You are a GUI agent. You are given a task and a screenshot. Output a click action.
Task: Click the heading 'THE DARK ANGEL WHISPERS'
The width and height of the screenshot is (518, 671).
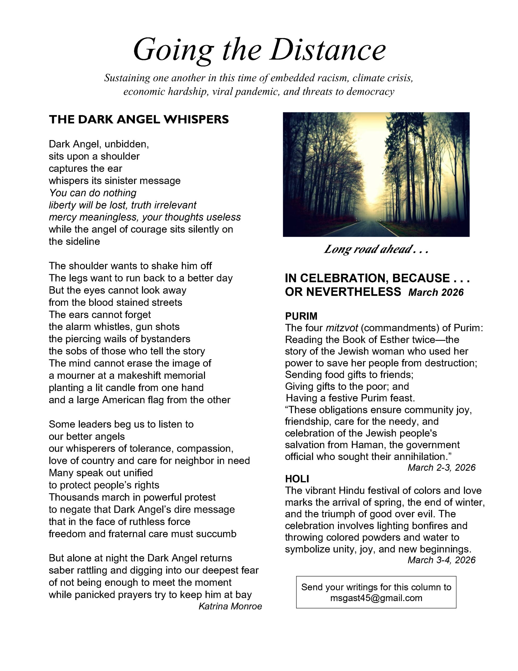(x=139, y=120)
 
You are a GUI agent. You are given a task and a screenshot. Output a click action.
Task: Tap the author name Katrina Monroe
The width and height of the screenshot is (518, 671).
(x=230, y=606)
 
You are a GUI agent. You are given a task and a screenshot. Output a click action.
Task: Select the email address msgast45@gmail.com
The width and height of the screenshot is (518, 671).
(x=376, y=598)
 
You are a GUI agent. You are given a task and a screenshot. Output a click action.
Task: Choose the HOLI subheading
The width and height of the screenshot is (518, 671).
(x=297, y=479)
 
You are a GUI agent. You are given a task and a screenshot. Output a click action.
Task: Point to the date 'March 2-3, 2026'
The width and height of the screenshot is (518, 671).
(x=441, y=467)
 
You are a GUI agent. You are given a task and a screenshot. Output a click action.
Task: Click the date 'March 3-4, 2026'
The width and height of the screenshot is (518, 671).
(x=441, y=560)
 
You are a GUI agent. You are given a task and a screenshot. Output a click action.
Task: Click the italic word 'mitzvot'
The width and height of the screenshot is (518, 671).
(x=341, y=328)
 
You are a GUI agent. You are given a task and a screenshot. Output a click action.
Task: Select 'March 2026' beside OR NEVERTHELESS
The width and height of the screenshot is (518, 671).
(x=436, y=292)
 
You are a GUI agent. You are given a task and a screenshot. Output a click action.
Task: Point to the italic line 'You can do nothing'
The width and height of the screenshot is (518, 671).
(x=93, y=193)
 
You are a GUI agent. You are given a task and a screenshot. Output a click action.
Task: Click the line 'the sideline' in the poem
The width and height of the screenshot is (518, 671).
(x=74, y=241)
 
